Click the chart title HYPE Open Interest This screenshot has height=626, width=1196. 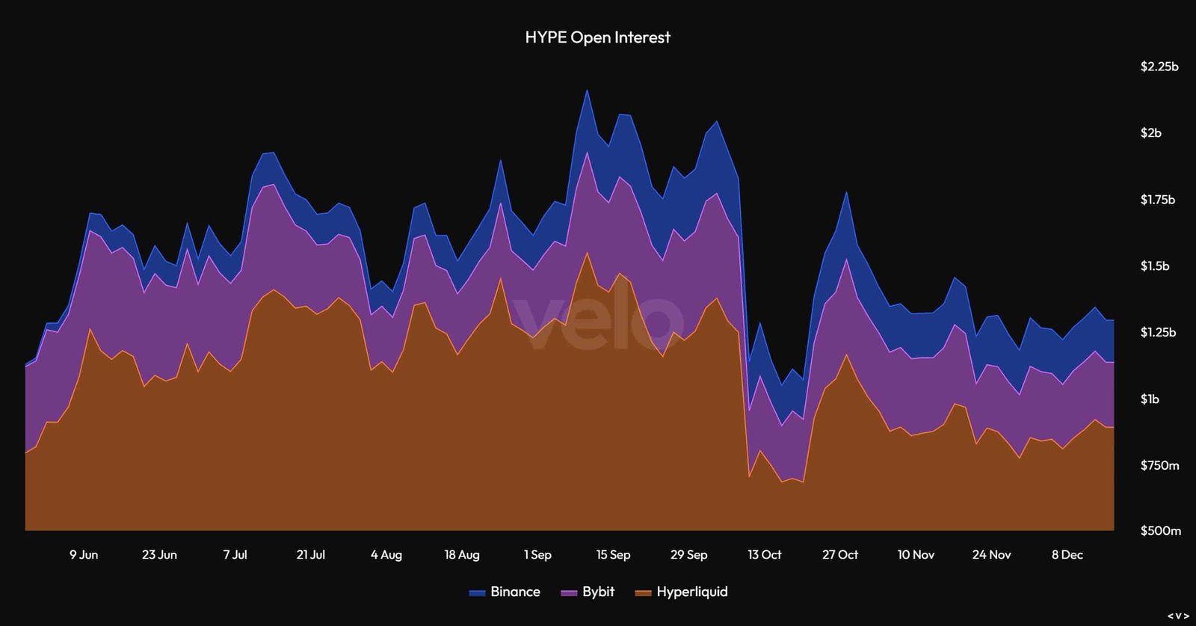(x=597, y=37)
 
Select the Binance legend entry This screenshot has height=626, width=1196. (x=505, y=592)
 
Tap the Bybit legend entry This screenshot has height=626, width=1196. (x=588, y=592)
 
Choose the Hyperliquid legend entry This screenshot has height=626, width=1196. (x=681, y=592)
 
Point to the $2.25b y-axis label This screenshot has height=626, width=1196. (x=1159, y=67)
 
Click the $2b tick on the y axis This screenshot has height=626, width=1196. (x=1150, y=133)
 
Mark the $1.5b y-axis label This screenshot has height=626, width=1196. (x=1154, y=266)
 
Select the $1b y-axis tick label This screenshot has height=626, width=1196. (x=1150, y=399)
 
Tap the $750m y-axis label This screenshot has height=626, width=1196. (x=1159, y=465)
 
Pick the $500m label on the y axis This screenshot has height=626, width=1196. (x=1159, y=530)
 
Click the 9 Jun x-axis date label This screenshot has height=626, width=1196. (x=84, y=555)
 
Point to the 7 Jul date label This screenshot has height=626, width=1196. (x=235, y=555)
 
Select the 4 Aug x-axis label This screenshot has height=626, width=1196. (x=386, y=555)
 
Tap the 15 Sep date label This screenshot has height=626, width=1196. (x=613, y=555)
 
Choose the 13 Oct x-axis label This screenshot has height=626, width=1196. (x=764, y=555)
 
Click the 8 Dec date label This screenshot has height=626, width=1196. (x=1067, y=555)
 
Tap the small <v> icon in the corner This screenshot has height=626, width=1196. (x=1178, y=616)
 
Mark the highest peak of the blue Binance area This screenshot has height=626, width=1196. (x=588, y=90)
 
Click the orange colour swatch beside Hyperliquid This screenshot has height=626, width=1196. (x=644, y=593)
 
